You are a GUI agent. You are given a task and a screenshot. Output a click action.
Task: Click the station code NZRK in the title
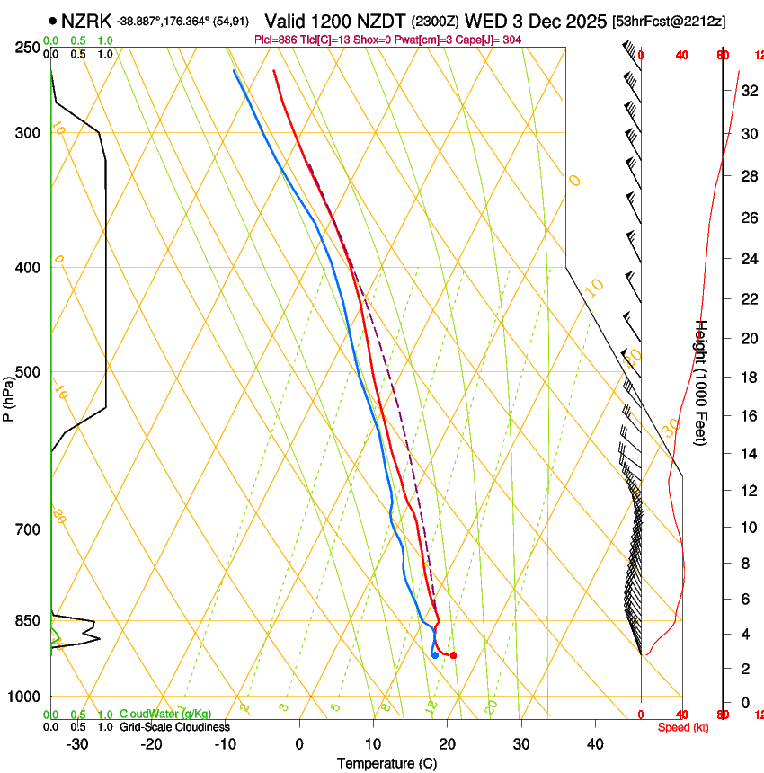(x=86, y=21)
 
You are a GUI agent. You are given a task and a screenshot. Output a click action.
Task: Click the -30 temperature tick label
(x=77, y=744)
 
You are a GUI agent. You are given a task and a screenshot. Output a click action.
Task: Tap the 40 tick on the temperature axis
(x=595, y=744)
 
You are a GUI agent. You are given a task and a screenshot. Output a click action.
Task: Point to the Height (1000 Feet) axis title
(x=702, y=382)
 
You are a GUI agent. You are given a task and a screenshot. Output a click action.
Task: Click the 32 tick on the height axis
(x=733, y=91)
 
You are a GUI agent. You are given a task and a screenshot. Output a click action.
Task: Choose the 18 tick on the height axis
(x=733, y=378)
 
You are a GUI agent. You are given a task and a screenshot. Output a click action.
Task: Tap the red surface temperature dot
(x=453, y=655)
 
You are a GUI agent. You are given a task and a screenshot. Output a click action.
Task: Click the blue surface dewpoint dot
(x=435, y=655)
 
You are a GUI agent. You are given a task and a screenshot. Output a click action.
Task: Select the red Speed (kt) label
(x=683, y=727)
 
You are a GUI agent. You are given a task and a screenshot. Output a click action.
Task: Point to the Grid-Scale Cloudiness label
(x=174, y=727)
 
